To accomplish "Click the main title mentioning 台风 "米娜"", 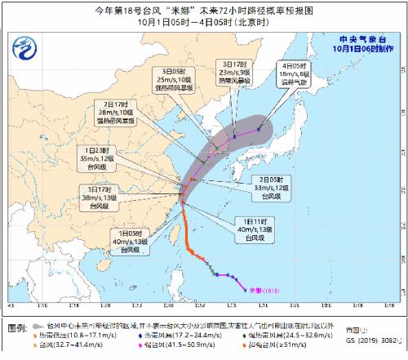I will [x=203, y=9].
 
